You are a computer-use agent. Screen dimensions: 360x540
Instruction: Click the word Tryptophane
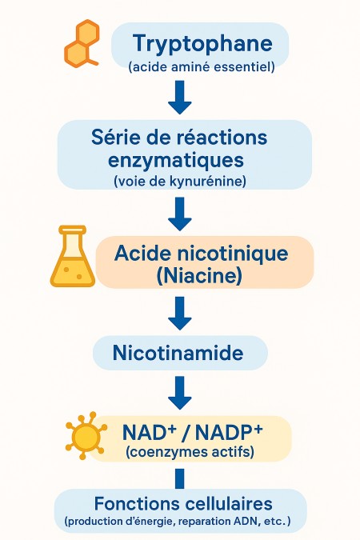tap(202, 44)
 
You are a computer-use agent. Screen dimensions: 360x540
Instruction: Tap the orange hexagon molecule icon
tap(82, 44)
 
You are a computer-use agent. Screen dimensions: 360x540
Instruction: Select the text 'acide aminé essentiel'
tap(202, 66)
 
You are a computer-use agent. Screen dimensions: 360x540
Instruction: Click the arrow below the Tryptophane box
tap(180, 97)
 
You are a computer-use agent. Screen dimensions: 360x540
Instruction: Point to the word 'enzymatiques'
tap(176, 161)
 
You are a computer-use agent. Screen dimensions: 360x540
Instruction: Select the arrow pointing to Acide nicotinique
tap(180, 214)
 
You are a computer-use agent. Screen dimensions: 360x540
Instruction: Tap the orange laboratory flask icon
tap(73, 256)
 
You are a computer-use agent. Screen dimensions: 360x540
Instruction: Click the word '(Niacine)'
tap(199, 276)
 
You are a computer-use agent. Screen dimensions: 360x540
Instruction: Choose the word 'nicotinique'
tap(233, 254)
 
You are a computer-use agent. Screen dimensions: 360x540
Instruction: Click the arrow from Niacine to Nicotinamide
tap(180, 314)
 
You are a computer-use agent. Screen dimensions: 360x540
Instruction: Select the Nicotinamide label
tap(178, 353)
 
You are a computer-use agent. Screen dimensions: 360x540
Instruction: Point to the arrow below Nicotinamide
tap(180, 393)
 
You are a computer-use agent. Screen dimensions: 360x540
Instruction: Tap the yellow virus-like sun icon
tap(86, 435)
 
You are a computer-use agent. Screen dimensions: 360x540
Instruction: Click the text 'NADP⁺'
tap(229, 433)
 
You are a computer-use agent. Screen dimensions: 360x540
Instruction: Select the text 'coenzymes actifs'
tap(190, 451)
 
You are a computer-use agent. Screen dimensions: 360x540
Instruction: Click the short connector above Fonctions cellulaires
tap(180, 478)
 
